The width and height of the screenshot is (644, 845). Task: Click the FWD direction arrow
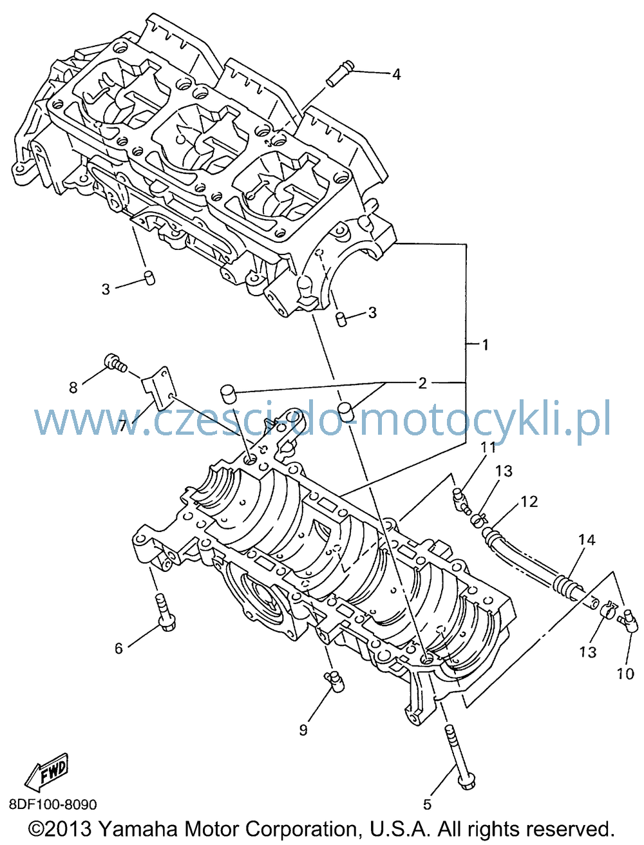(x=46, y=768)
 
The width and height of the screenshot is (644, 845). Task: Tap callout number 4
(x=396, y=73)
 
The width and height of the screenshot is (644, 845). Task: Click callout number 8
(x=73, y=387)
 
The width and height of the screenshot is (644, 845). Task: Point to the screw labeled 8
(x=115, y=363)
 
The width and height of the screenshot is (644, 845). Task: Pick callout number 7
(x=123, y=426)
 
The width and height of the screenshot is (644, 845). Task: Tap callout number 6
(x=118, y=648)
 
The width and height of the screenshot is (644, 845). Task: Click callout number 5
(x=427, y=804)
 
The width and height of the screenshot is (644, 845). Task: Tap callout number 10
(x=625, y=674)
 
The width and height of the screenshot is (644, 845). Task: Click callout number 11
(x=488, y=448)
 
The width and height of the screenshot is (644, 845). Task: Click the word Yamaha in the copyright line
(x=138, y=828)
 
